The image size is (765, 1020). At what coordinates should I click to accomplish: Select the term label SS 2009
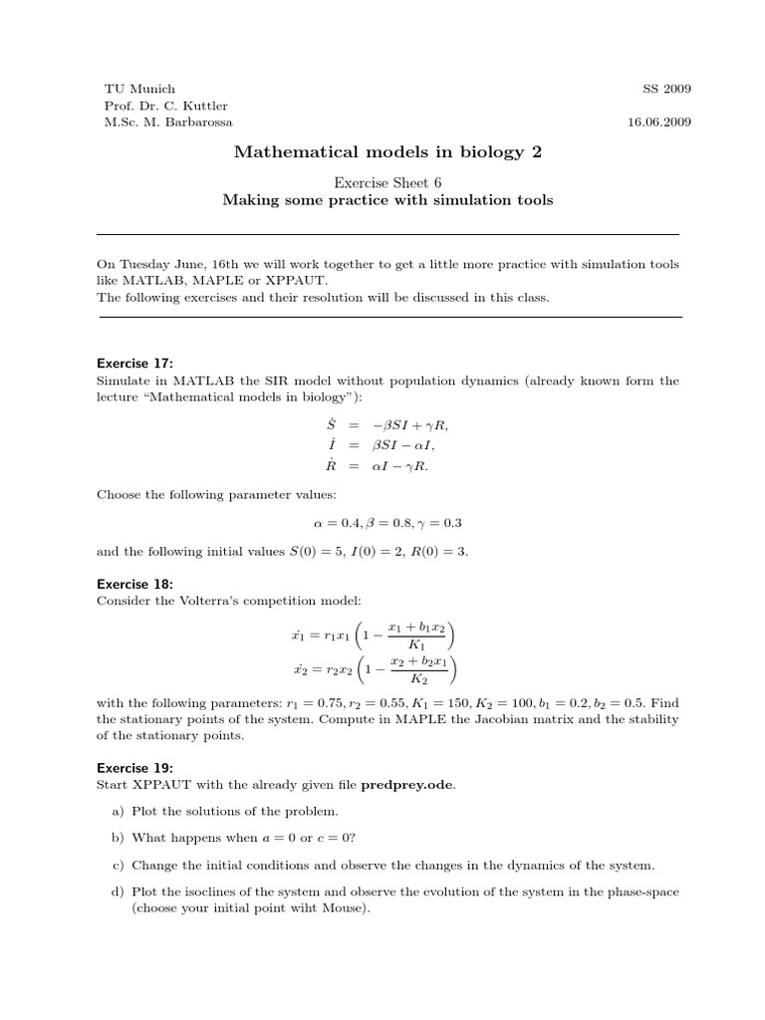[x=667, y=89]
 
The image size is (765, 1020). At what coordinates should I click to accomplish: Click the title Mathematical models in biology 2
[x=388, y=151]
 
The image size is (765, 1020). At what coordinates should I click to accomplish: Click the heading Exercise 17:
[x=134, y=363]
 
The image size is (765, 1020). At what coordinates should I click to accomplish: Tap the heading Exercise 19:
[x=134, y=767]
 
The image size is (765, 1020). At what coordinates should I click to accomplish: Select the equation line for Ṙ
[x=383, y=465]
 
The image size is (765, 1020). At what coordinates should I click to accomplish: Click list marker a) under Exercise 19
[x=118, y=811]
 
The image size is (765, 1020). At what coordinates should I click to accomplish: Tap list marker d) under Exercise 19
[x=118, y=892]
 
